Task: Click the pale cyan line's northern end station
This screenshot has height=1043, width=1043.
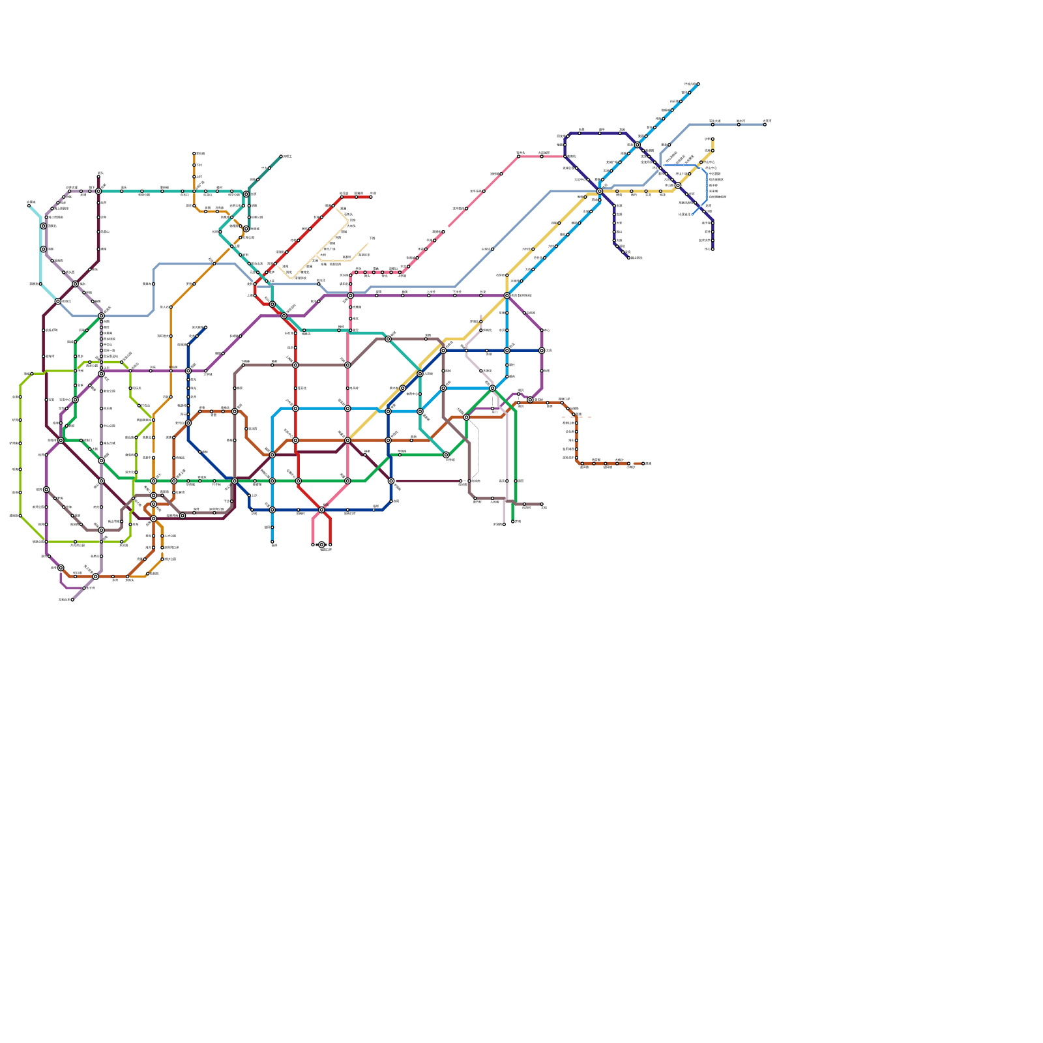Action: coord(29,205)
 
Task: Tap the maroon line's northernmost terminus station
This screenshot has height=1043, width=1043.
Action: coord(98,176)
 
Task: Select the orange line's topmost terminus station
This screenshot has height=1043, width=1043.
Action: coord(194,154)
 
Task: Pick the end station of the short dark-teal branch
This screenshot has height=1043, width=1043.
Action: coord(281,156)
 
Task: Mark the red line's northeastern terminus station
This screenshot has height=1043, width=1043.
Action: coord(372,196)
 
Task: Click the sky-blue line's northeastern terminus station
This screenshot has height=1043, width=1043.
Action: coord(698,84)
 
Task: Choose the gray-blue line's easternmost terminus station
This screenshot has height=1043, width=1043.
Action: coord(765,125)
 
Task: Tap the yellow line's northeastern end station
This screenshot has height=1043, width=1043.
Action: coord(712,140)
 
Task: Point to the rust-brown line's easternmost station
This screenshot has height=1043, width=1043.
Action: coord(643,463)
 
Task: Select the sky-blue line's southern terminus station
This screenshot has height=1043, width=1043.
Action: coord(272,542)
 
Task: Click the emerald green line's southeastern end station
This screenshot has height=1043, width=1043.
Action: coord(513,521)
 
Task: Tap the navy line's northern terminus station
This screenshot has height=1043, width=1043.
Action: coord(205,327)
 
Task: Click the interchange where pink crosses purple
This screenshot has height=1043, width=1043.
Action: coord(351,296)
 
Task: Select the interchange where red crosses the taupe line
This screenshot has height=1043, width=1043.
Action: coord(295,365)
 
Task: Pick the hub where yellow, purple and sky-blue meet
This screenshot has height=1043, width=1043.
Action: coord(507,296)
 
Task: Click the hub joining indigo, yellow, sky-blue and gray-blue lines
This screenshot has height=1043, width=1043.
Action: coord(600,191)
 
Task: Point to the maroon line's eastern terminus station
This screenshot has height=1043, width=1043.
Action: coord(461,481)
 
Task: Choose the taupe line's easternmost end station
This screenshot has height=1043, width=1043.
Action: coord(542,504)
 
